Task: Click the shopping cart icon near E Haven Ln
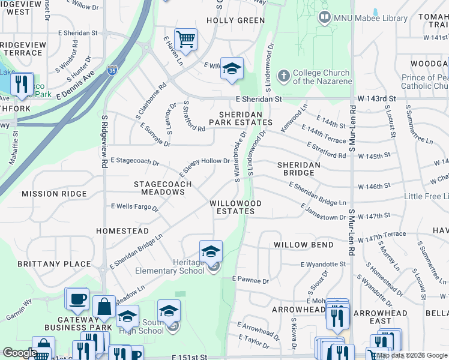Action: point(186,40)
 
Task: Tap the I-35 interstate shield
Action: point(112,69)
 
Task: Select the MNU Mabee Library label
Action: point(363,18)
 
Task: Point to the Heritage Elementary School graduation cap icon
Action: point(211,251)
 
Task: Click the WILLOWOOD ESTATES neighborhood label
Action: point(235,207)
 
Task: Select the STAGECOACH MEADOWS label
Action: point(162,188)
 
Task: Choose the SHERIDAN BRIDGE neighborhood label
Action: point(298,169)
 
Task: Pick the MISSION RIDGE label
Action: point(54,194)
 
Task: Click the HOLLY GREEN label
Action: point(235,20)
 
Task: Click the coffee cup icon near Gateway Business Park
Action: point(77,299)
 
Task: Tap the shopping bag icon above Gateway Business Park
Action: point(104,307)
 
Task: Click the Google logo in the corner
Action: point(19,353)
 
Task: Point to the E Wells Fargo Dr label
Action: point(134,207)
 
